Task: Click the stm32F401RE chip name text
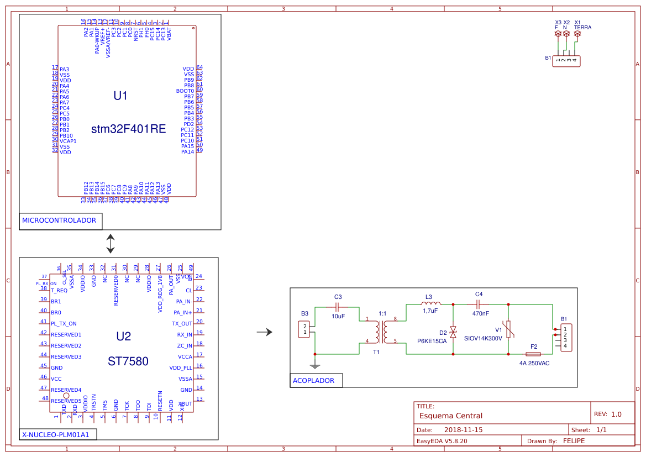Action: [128, 129]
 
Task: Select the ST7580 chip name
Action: [128, 361]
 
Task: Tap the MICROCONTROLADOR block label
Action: [59, 220]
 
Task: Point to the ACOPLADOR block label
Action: [314, 380]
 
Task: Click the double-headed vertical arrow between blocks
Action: [111, 243]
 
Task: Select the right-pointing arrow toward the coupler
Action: [265, 332]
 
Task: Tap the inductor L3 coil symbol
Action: [430, 303]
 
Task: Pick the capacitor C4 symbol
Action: [479, 304]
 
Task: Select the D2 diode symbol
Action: [453, 332]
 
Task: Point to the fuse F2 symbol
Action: [533, 353]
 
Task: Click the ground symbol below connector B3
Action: [314, 365]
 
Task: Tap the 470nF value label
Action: [480, 314]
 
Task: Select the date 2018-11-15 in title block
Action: [463, 430]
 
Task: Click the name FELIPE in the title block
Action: [574, 441]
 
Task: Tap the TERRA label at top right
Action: [582, 27]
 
